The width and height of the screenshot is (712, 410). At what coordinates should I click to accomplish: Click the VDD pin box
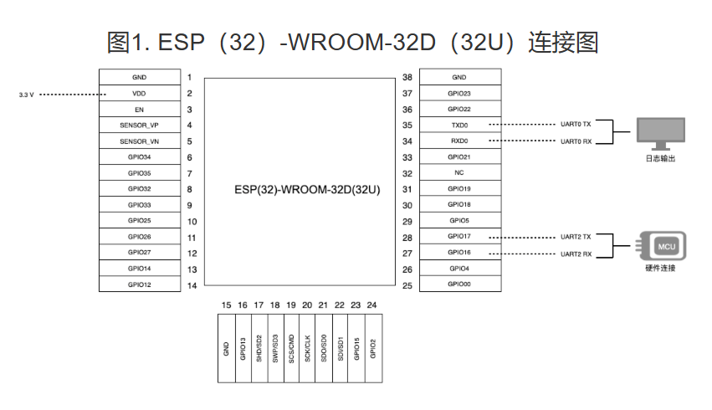pos(140,94)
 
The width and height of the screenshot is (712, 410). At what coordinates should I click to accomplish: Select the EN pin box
pos(140,110)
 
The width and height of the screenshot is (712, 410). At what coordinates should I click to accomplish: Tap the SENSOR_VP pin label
pos(140,126)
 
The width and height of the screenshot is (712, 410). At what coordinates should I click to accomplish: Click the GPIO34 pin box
pos(140,157)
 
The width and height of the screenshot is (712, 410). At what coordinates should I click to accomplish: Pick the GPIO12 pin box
pos(140,284)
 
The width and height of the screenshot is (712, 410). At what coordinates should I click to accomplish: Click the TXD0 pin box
pos(459,125)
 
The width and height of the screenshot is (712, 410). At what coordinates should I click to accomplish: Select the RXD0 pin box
pos(459,141)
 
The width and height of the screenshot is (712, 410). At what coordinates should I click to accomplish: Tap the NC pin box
pos(459,172)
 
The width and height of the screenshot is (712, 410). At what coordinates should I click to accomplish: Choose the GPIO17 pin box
pos(459,237)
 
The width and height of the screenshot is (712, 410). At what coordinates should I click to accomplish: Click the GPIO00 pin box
pos(459,284)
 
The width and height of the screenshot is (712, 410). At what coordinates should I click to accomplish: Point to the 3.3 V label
pos(26,95)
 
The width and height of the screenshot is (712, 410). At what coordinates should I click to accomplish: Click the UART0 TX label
pos(576,125)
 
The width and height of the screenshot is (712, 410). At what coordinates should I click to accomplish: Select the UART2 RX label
pos(576,254)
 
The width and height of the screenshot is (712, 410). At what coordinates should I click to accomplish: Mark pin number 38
pos(407,77)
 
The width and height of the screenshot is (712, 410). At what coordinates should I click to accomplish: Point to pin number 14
pos(192,285)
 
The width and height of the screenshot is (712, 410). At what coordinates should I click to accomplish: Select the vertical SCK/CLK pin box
pos(307,348)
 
